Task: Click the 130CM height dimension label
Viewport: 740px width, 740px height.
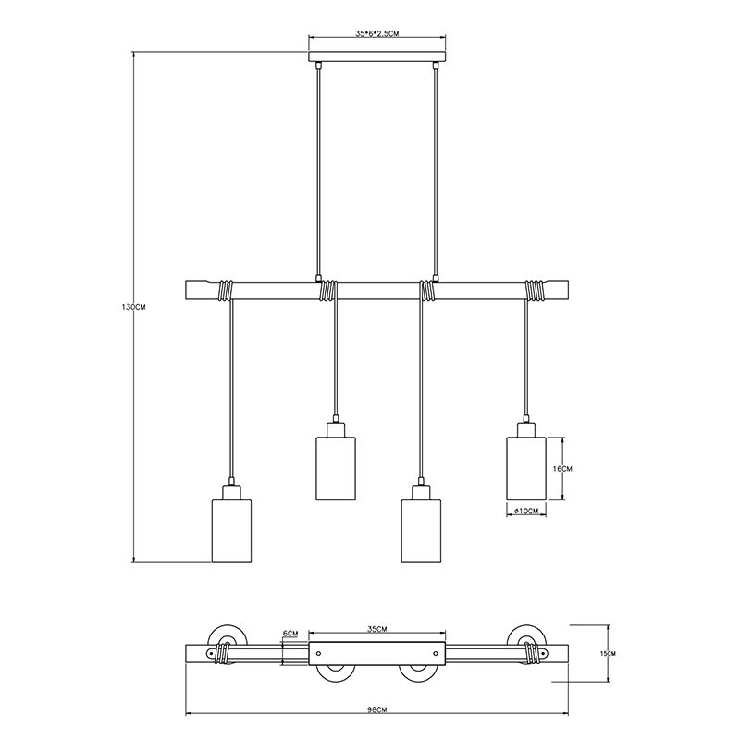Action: (x=134, y=307)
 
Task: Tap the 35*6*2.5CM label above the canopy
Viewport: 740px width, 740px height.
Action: (x=377, y=33)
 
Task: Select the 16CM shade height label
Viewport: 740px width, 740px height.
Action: (x=562, y=469)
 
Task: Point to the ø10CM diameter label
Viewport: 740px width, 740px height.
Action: (x=526, y=511)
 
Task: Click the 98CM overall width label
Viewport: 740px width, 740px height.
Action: (x=377, y=723)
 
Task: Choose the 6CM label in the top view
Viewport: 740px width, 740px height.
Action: (x=290, y=634)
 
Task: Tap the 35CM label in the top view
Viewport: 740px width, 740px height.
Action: (x=377, y=629)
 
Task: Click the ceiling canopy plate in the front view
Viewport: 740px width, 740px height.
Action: (x=377, y=56)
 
